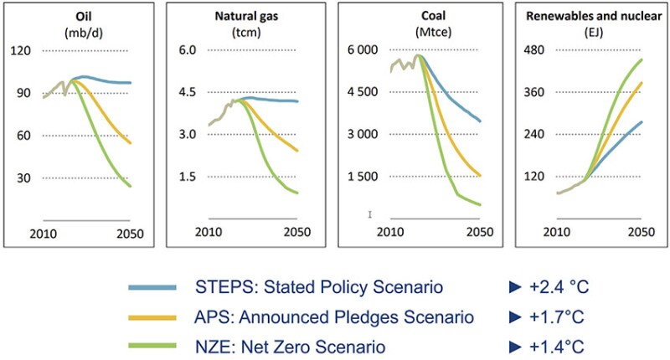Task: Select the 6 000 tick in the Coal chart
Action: point(363,50)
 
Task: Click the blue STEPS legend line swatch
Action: point(152,287)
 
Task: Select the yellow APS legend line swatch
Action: point(152,316)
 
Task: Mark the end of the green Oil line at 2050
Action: point(131,186)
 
